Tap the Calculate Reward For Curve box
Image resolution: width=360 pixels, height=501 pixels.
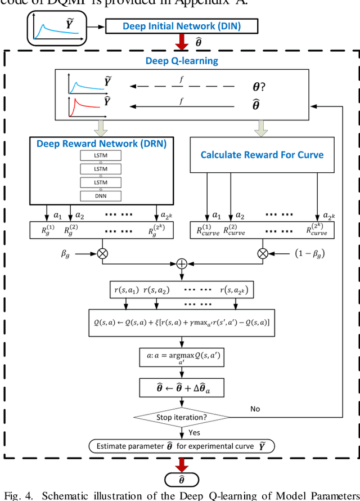[x=262, y=155]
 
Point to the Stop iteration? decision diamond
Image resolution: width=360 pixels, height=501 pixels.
[x=181, y=417]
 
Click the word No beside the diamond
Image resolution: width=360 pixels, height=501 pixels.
[x=255, y=409]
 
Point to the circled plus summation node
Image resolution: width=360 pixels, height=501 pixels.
[x=181, y=264]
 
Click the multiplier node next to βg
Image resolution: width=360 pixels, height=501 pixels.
[x=102, y=254]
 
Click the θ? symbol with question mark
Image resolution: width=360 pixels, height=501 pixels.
[x=259, y=87]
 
